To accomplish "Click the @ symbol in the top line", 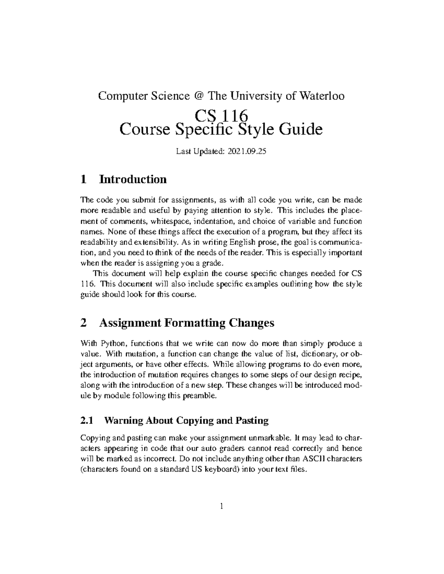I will point(198,96).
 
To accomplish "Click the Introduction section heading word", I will point(133,180).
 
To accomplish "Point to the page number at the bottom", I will point(222,506).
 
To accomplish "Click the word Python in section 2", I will point(110,343).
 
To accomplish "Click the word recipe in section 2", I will point(351,375).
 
